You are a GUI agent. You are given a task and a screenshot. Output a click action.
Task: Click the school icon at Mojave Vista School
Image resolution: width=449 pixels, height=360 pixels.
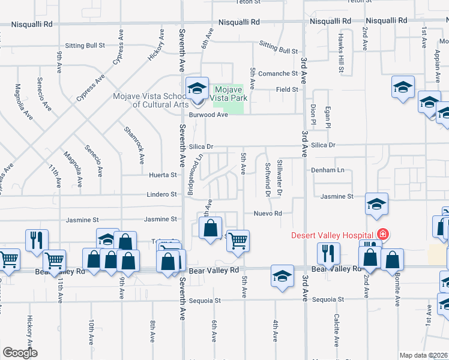click(196, 89)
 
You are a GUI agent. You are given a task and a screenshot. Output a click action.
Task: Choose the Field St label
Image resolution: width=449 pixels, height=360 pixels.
click(287, 89)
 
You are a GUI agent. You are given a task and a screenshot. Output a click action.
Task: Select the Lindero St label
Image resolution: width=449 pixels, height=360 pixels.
click(162, 194)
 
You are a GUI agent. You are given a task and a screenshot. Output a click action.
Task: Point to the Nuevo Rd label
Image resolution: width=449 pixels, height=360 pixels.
click(268, 213)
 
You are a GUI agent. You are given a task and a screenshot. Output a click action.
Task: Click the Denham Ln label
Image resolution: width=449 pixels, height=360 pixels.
click(328, 170)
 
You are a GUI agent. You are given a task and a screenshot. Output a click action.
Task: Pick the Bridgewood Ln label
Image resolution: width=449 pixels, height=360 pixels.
click(195, 174)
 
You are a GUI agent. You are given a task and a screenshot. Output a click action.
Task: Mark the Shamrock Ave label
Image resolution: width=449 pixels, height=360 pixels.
click(134, 145)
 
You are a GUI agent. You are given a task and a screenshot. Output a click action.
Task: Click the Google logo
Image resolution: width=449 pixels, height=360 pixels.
click(20, 353)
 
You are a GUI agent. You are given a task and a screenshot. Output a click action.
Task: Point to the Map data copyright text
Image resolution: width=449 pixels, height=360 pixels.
click(424, 355)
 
